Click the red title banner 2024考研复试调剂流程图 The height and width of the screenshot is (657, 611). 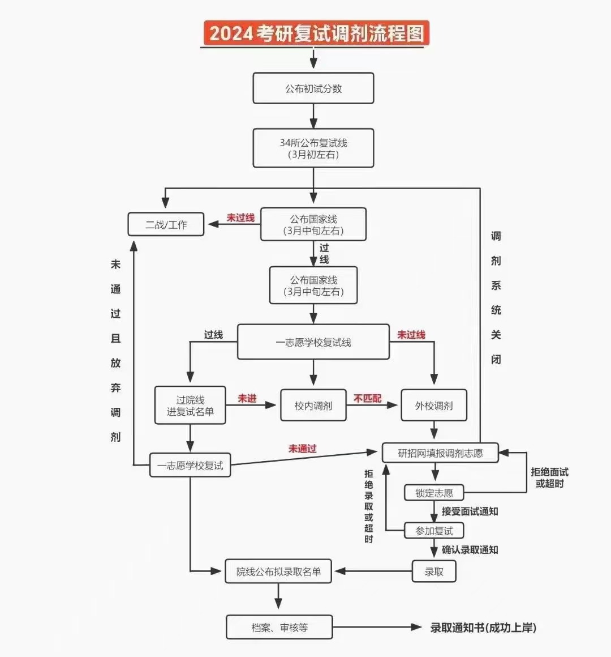click(316, 33)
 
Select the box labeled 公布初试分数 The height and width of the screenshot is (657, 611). click(313, 88)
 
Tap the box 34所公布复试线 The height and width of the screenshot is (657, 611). click(313, 148)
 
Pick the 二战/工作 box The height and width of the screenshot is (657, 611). click(166, 224)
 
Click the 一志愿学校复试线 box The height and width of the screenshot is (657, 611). click(313, 342)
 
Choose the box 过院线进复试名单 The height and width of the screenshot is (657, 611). click(190, 406)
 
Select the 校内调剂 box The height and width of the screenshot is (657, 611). click(313, 406)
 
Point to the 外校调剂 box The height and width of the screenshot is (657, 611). click(434, 406)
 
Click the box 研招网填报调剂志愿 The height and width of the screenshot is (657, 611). click(440, 453)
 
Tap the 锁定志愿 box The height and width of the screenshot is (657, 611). click(434, 493)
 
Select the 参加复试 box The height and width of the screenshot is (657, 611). click(434, 531)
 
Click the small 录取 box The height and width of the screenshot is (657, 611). click(434, 571)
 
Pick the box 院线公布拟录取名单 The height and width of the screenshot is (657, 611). click(278, 571)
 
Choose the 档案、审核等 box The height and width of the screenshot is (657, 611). click(279, 628)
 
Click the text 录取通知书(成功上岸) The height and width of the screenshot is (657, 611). click(483, 628)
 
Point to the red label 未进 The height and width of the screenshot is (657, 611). click(247, 399)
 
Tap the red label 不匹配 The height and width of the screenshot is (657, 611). click(368, 399)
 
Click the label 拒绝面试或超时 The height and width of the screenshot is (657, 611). click(549, 477)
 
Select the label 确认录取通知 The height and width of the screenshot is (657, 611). click(470, 549)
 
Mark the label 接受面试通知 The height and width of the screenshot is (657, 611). click(470, 511)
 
